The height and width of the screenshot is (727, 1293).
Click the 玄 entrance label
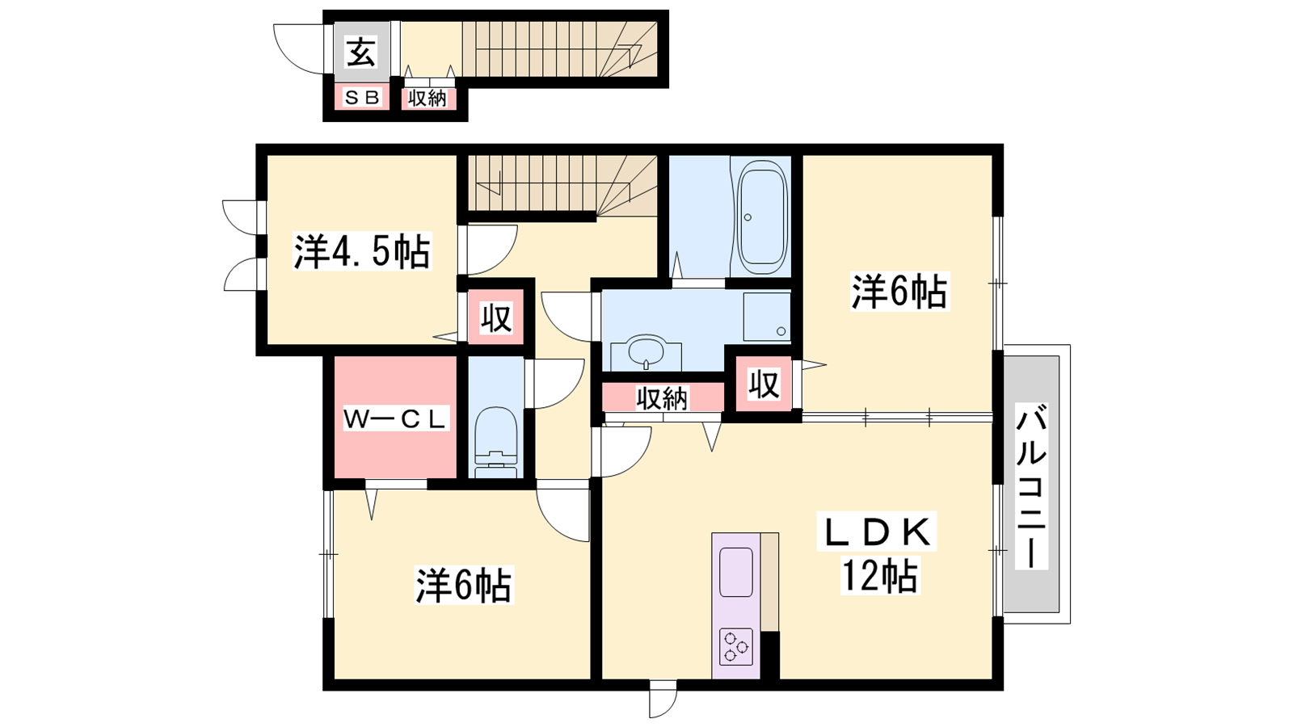(x=361, y=53)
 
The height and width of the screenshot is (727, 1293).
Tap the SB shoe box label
(x=362, y=98)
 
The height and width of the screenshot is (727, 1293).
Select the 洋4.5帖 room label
(x=362, y=251)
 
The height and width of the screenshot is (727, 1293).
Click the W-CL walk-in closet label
(x=395, y=419)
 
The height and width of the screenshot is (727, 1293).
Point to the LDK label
(x=876, y=532)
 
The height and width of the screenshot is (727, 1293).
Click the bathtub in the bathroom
(x=762, y=217)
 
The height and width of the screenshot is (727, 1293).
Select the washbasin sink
(x=646, y=351)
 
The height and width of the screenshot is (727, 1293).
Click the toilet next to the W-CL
(x=495, y=443)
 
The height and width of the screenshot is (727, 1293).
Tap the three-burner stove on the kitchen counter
(x=736, y=646)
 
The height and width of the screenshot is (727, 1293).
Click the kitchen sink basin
(x=736, y=572)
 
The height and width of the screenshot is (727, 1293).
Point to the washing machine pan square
(x=767, y=317)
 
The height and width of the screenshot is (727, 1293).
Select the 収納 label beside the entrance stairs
(x=427, y=99)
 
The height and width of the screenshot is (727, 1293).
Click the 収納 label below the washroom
(x=662, y=398)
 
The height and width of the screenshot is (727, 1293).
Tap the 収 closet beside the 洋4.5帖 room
(x=496, y=318)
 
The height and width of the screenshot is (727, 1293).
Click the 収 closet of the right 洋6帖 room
(x=764, y=384)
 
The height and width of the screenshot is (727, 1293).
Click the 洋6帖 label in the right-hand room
(x=899, y=292)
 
